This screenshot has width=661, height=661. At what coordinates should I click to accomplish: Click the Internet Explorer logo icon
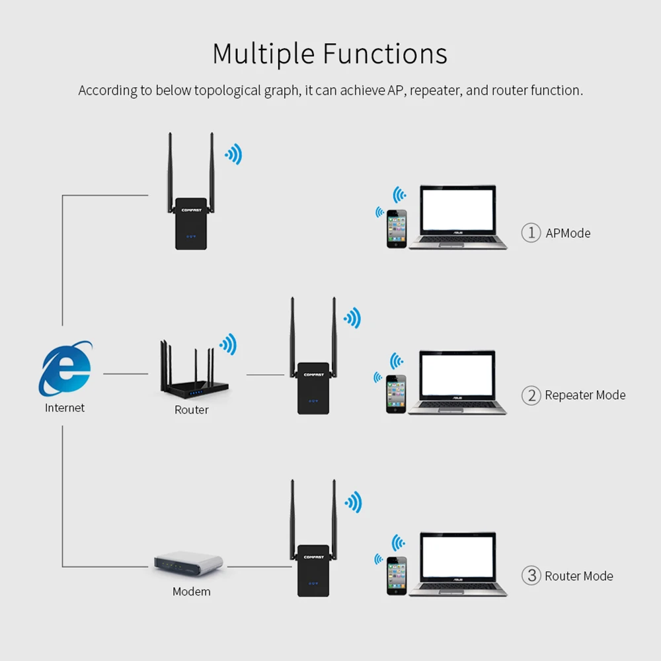(65, 368)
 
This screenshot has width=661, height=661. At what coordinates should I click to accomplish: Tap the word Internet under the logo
(65, 408)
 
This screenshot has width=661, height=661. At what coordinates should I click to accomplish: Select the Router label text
(192, 410)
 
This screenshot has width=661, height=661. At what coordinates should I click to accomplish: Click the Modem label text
(192, 592)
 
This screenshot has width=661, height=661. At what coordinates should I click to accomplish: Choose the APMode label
(568, 233)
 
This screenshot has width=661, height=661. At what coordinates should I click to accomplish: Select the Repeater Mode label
(585, 395)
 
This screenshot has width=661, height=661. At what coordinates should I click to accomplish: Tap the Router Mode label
(579, 576)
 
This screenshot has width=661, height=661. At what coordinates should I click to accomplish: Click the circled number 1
(531, 233)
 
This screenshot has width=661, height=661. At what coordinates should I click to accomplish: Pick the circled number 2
(531, 395)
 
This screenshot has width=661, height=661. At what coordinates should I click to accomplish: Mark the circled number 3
(531, 576)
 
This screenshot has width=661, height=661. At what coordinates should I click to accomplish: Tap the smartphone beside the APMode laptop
(397, 229)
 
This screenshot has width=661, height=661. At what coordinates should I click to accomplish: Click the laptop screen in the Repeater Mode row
(457, 373)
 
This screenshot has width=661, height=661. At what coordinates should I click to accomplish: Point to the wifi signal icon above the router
(228, 344)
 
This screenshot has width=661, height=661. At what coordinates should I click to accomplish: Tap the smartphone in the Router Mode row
(397, 576)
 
